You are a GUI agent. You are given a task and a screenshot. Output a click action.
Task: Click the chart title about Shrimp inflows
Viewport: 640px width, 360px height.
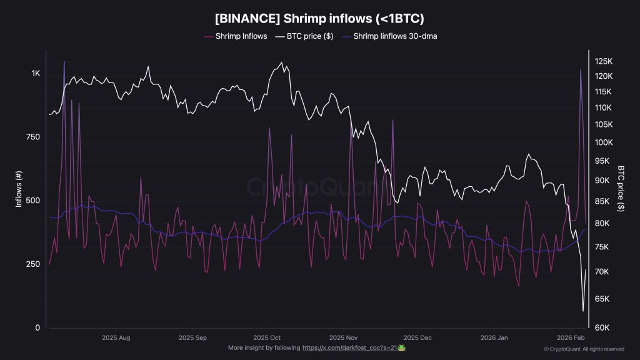tap(319, 18)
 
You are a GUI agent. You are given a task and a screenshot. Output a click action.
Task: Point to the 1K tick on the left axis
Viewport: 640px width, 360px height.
tap(36, 73)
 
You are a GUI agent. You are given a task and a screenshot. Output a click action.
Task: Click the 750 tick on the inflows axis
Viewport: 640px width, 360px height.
tap(34, 137)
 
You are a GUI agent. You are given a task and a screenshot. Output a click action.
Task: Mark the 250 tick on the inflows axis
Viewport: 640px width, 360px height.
tap(34, 264)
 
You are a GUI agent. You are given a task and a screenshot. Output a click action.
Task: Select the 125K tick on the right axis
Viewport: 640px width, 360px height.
tap(603, 61)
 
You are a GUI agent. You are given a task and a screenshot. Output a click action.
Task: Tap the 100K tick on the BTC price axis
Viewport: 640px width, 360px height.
tap(603, 142)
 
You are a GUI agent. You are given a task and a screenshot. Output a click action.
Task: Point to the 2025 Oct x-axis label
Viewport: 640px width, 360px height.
tap(266, 337)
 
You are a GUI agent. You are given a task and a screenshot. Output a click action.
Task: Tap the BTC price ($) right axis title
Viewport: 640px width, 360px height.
tap(621, 189)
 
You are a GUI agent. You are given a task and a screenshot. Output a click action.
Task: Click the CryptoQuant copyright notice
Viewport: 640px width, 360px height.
tap(584, 349)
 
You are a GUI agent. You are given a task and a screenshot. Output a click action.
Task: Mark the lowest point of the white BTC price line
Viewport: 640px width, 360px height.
tap(583, 311)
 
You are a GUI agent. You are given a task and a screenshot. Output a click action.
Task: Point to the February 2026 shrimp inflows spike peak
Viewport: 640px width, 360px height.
tap(581, 69)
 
